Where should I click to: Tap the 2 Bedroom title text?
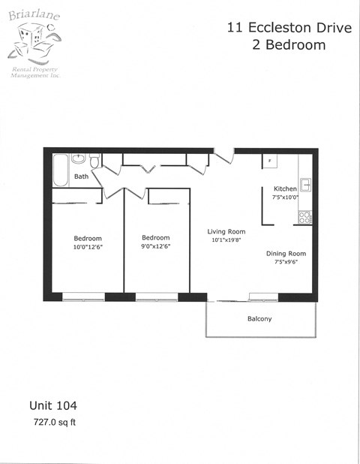[x=288, y=45]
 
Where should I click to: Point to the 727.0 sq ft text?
[x=55, y=422]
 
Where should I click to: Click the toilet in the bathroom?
[x=94, y=161]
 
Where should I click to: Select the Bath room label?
[x=81, y=177]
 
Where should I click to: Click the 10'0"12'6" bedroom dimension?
[x=88, y=247]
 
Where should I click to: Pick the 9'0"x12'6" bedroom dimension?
[x=156, y=247]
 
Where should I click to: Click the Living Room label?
[x=226, y=231]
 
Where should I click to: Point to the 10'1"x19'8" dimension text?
[x=226, y=240]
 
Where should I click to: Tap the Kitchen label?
[x=285, y=188]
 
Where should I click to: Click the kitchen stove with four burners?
[x=305, y=217]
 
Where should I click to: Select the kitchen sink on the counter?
[x=305, y=184]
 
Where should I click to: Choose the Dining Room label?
[x=286, y=254]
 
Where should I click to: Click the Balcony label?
[x=259, y=319]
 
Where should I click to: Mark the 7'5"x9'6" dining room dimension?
[x=286, y=263]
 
